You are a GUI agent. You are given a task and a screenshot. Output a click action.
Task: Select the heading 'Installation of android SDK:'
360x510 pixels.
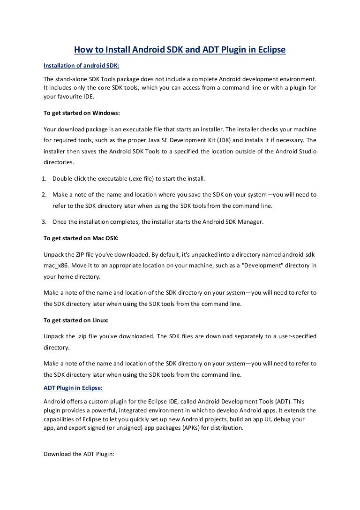tap(82, 66)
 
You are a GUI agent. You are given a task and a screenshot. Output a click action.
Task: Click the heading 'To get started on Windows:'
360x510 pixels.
tap(81, 114)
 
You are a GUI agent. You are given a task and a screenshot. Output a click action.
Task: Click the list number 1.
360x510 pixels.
tap(45, 179)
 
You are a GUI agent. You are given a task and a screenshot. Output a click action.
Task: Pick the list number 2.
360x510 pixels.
tap(45, 194)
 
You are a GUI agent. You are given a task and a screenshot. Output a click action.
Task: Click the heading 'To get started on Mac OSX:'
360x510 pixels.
tap(81, 238)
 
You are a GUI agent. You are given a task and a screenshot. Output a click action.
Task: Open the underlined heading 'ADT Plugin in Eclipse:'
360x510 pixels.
tap(73, 388)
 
